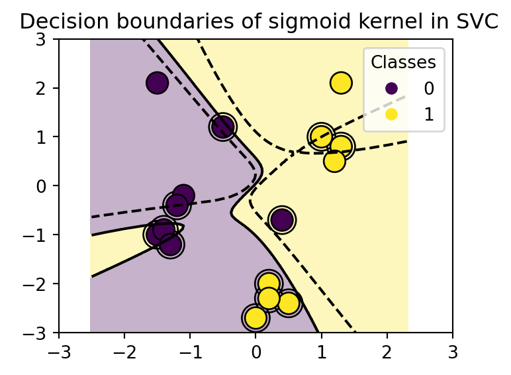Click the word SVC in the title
coord(477,21)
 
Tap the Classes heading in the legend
coord(403,62)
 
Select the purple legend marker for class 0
coord(391,88)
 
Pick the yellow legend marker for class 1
coord(391,114)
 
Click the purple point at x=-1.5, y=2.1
coord(157,83)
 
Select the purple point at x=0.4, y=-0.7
coord(282,219)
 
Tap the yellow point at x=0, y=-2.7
coord(255,318)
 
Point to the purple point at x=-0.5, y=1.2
coord(222,127)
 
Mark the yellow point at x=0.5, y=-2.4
coord(289,303)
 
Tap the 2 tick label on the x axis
coord(387,349)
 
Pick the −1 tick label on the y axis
coord(41,235)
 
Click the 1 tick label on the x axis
coord(322,349)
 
